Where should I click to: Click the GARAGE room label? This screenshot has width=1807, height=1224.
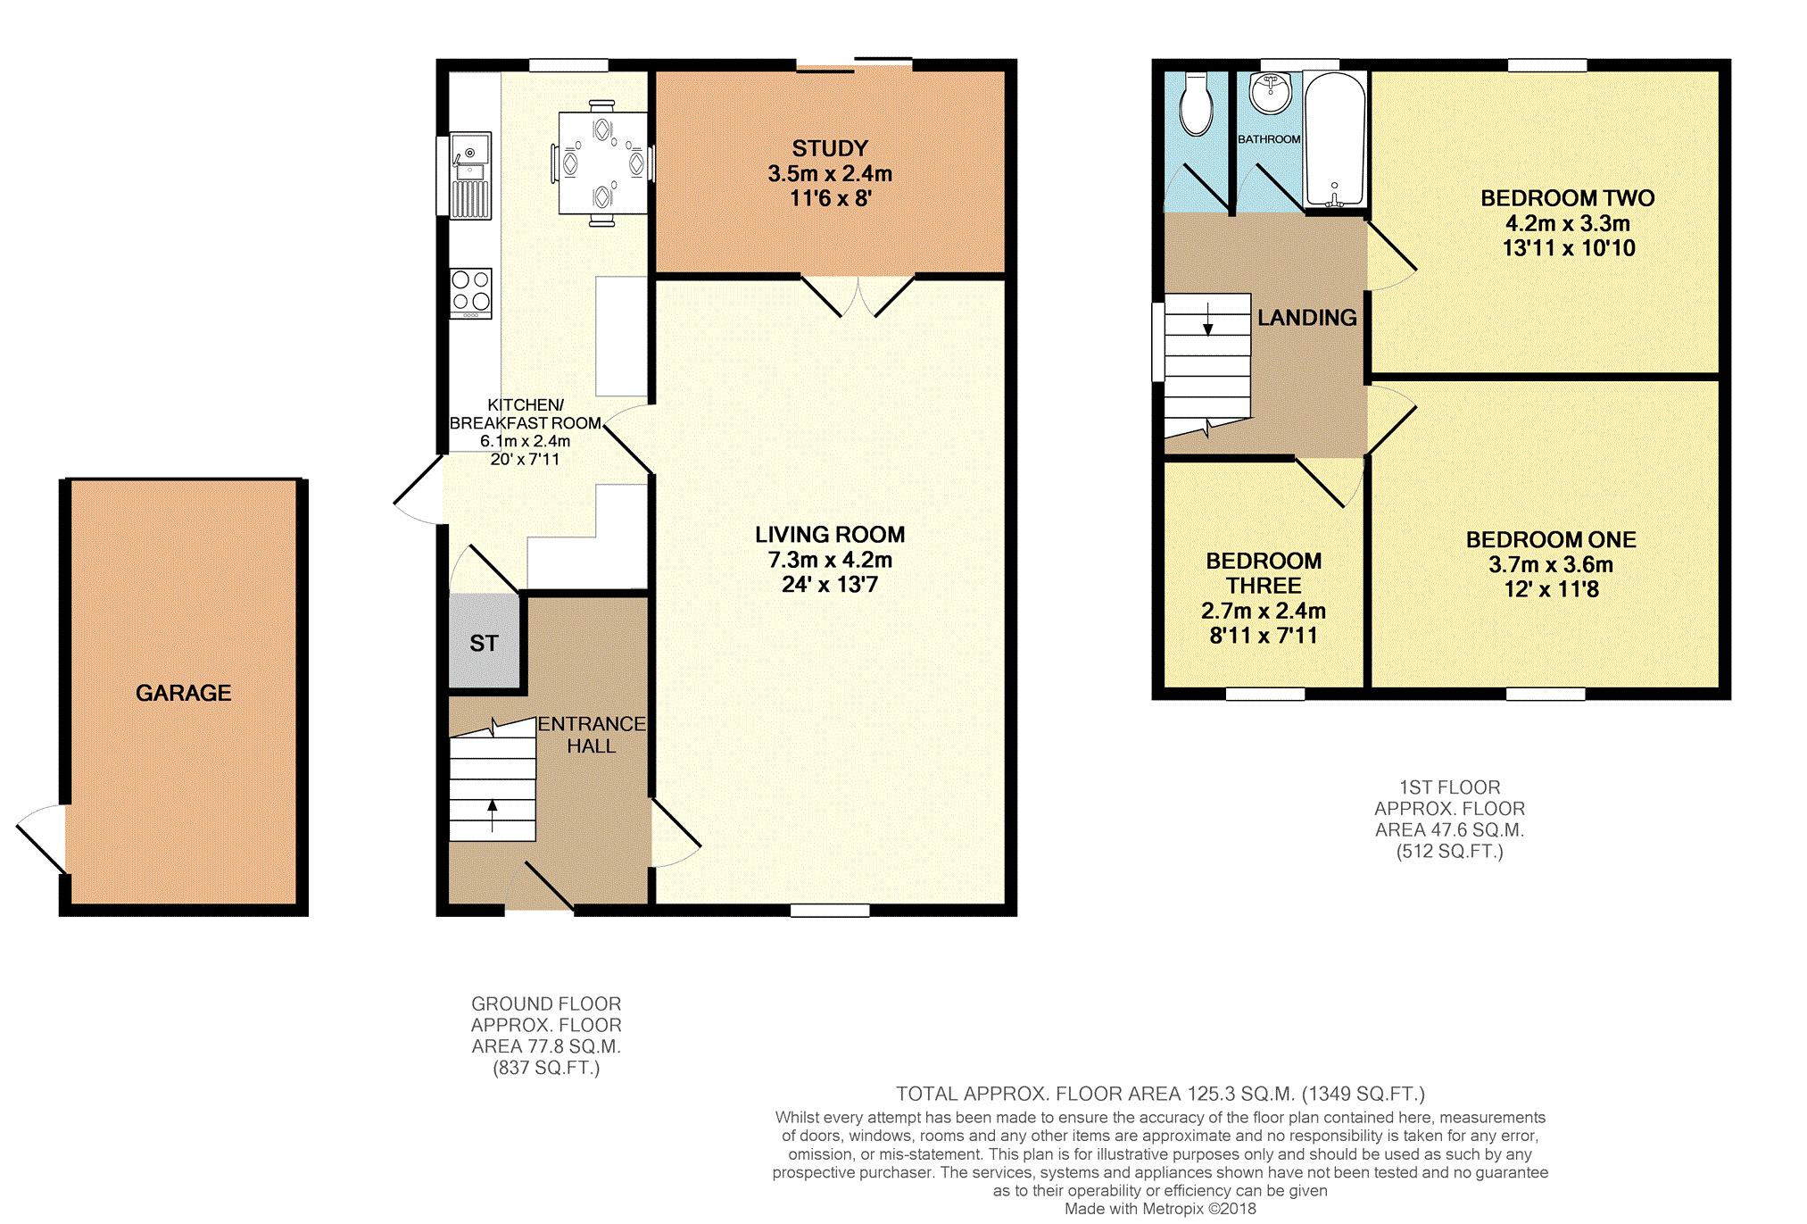[x=183, y=693]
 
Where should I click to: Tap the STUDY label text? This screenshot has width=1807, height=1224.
[x=830, y=148]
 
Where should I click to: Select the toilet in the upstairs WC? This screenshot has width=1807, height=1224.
[x=1196, y=104]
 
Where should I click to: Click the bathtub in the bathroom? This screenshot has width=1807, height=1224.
[x=1335, y=139]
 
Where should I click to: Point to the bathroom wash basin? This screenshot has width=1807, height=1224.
[x=1270, y=93]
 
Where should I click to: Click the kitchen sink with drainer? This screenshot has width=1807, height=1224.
[x=470, y=175]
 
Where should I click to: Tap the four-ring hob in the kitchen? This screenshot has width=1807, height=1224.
[x=470, y=293]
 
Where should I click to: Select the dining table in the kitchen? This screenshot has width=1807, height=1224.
[x=603, y=162]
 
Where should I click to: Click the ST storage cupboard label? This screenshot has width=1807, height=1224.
[x=484, y=643]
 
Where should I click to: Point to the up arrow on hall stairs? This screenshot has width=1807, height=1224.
[x=492, y=814]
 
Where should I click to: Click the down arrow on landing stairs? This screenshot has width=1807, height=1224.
[x=1207, y=319]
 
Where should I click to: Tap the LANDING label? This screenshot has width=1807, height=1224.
[x=1306, y=318]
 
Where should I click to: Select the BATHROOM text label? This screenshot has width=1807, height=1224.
[x=1268, y=139]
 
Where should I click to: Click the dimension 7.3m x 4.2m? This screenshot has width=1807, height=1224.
[x=830, y=560]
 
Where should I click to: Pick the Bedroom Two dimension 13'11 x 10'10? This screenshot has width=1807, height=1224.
[x=1568, y=248]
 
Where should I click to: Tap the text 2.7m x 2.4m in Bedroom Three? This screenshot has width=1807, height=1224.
[x=1263, y=611]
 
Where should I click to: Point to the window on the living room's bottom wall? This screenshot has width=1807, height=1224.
[x=830, y=911]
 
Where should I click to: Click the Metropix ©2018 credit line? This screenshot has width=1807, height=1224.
[x=1160, y=1209]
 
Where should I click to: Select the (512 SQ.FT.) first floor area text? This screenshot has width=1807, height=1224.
[x=1449, y=852]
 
